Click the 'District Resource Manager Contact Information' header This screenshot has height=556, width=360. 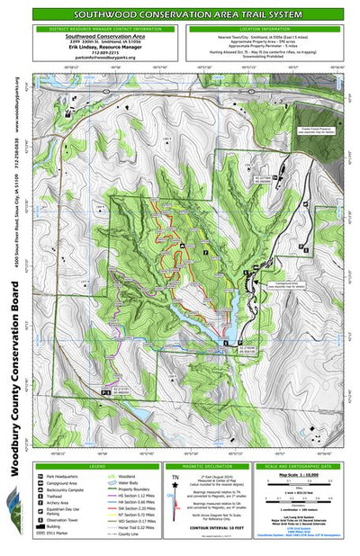pyautogui.click(x=99, y=29)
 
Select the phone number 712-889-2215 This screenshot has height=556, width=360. pyautogui.click(x=99, y=51)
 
